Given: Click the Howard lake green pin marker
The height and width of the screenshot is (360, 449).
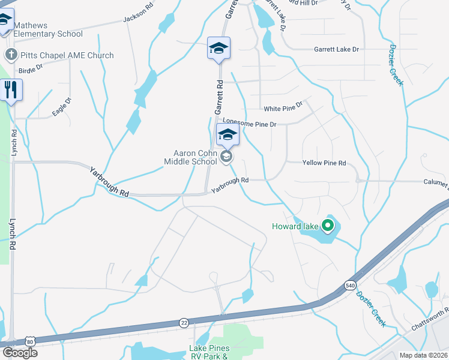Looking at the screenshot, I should [327, 226].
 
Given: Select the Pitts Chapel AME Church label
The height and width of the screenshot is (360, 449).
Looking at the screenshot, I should [67, 56].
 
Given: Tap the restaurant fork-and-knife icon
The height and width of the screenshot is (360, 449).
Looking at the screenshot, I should [11, 90].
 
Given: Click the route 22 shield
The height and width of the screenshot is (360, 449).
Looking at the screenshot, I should [184, 323].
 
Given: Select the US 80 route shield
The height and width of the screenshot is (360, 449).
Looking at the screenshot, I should [30, 340].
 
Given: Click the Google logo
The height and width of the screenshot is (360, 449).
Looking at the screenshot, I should [19, 352].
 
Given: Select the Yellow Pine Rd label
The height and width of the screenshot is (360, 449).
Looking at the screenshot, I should [324, 163].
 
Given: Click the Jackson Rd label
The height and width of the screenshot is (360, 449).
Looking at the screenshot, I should [138, 18].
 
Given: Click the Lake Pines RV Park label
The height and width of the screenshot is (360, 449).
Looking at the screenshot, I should [208, 352].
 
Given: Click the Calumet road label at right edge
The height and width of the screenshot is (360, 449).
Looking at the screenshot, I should [433, 184].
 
